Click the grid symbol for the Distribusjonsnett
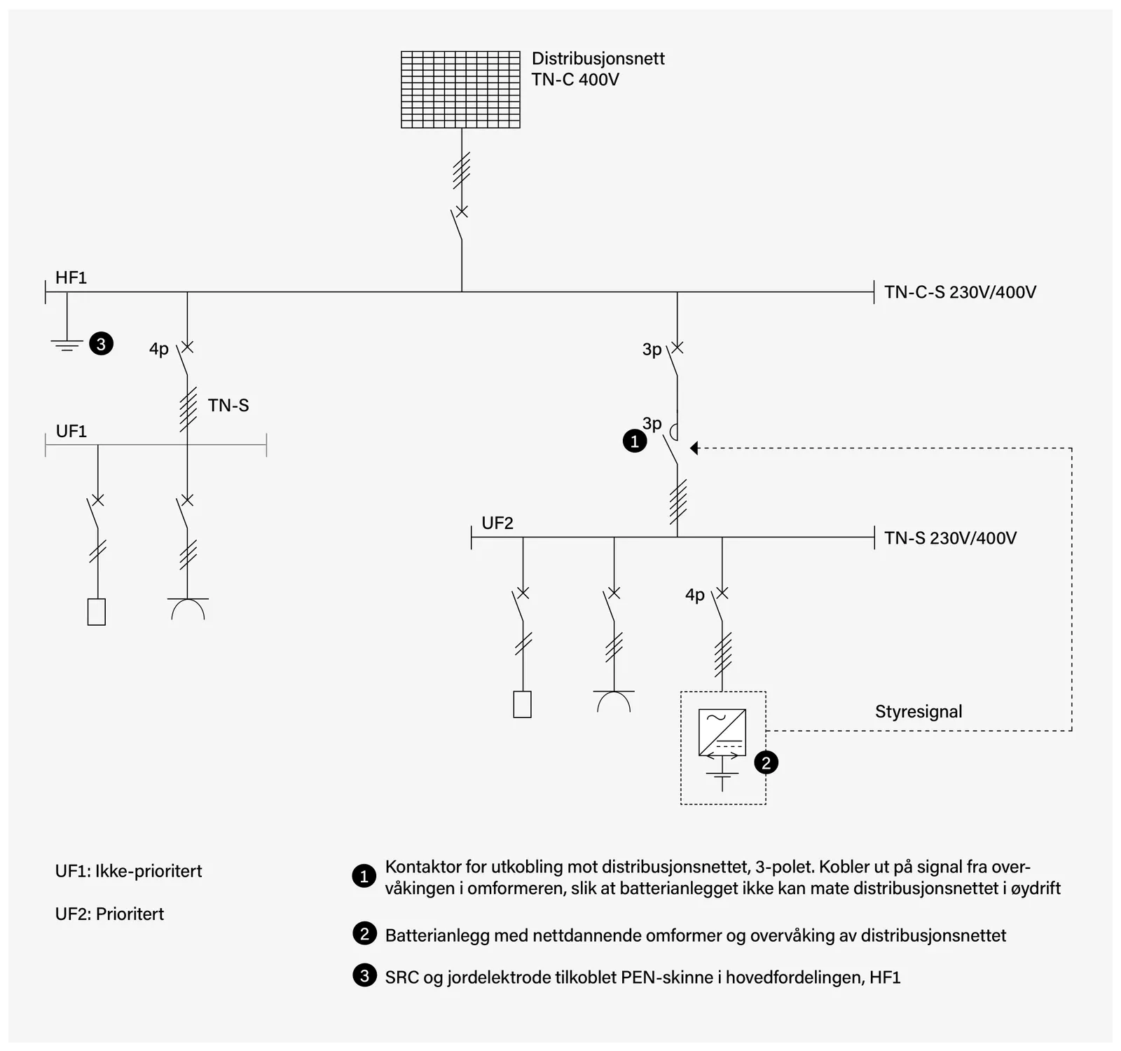460,89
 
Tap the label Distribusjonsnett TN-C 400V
598,69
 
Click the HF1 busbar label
71,277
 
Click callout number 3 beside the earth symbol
101,344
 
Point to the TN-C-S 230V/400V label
960,292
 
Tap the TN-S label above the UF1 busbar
228,405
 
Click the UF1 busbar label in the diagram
71,431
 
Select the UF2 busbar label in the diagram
497,523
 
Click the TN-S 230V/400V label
950,538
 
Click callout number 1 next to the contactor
635,441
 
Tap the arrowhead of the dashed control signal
694,448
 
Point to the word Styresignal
919,712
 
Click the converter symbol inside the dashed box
722,732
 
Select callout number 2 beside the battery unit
766,763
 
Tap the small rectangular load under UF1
97,612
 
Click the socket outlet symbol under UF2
614,701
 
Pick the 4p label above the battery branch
695,595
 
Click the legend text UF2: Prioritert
109,914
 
